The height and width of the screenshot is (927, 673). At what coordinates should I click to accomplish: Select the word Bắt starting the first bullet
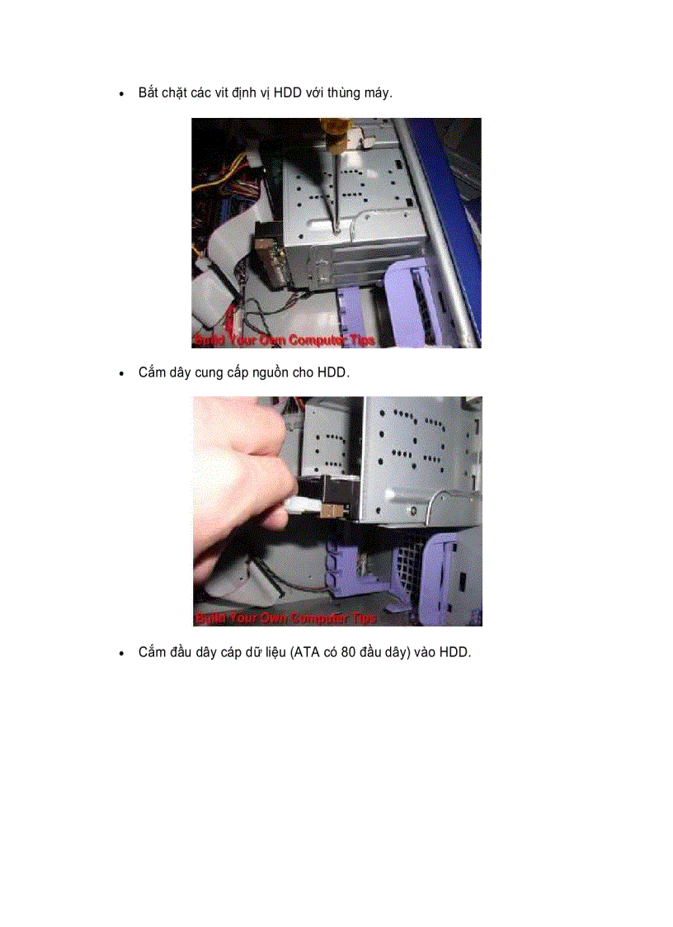[x=148, y=92]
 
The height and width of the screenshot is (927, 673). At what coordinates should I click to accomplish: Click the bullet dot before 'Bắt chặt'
[x=122, y=93]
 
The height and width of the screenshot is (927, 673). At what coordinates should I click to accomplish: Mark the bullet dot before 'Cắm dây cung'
[x=122, y=373]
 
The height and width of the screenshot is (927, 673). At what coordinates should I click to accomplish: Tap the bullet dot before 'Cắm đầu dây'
[x=122, y=653]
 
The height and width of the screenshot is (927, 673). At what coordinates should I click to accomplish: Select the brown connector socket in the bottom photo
[x=328, y=512]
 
